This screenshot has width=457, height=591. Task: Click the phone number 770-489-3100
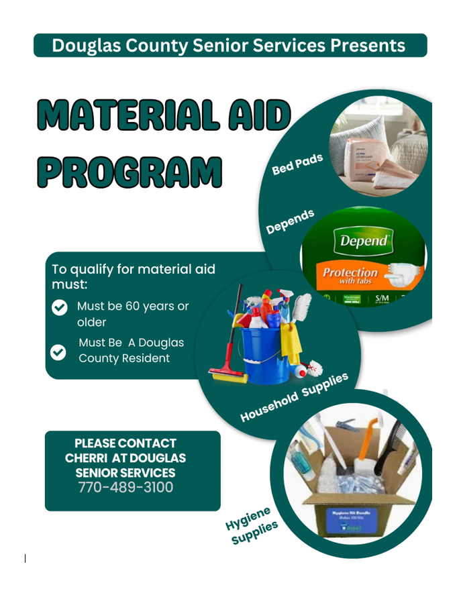coord(125,487)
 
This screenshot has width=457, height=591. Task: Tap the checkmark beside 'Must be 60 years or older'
coord(60,307)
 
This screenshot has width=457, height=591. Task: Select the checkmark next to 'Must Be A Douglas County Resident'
coord(59,351)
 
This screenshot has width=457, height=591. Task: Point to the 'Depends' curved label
coord(290,221)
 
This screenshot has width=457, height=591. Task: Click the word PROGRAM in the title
coord(129,172)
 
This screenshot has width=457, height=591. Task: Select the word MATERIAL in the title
coord(127,115)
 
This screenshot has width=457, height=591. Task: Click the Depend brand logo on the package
coord(364,241)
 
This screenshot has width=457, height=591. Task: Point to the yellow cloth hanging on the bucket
coord(292,341)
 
